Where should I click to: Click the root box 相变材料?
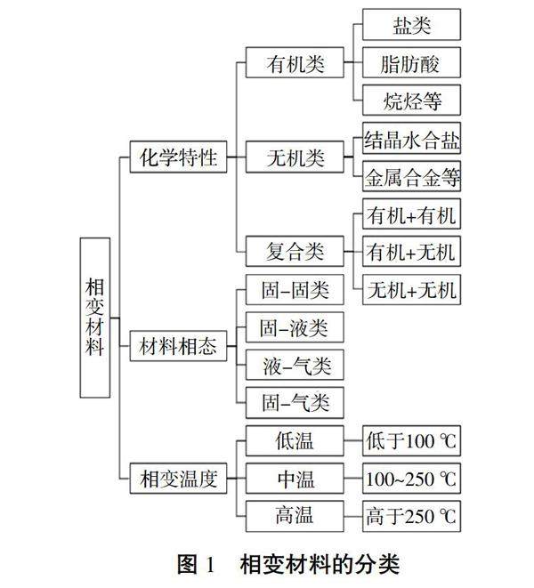[95, 317]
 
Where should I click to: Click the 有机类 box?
[295, 65]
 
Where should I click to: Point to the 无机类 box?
[295, 158]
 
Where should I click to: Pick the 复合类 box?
[295, 252]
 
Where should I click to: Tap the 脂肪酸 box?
[412, 63]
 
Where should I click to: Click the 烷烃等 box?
[412, 100]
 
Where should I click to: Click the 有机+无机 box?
[412, 253]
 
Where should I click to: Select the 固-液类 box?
[295, 327]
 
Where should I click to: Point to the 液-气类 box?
[295, 366]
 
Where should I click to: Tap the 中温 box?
[295, 479]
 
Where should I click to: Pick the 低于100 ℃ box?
[412, 441]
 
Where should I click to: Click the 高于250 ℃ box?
[412, 515]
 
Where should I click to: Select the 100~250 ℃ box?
[412, 479]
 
